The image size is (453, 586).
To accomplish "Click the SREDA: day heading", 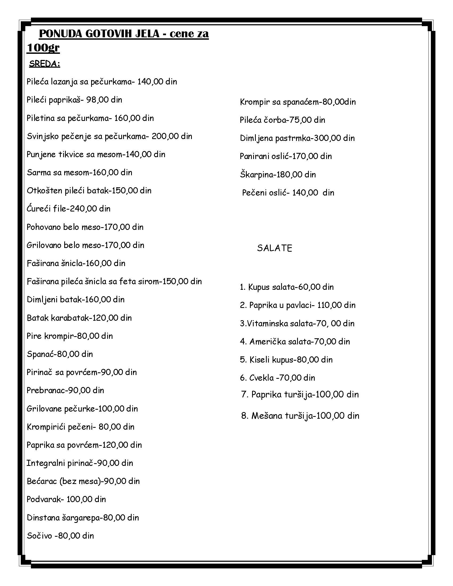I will coord(45,64).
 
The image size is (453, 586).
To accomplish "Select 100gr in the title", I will coord(43,48).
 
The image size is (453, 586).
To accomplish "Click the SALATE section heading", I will coord(274,248).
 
